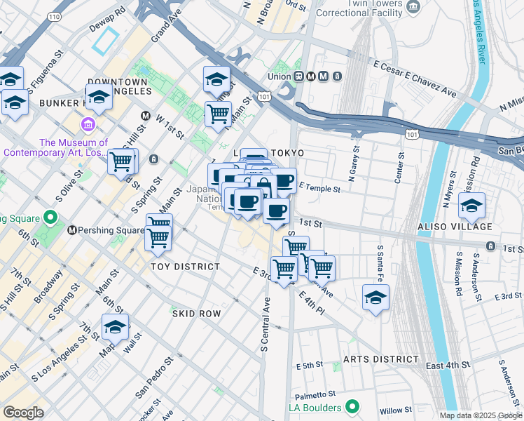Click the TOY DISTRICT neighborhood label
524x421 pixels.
[x=185, y=267]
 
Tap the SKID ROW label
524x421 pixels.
[x=196, y=314]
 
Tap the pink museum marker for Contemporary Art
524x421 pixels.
[x=89, y=126]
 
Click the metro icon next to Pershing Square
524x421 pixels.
[x=71, y=230]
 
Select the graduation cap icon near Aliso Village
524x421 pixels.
[x=472, y=206]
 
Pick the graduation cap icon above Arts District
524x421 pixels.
[x=375, y=297]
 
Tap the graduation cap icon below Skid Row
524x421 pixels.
[x=115, y=327]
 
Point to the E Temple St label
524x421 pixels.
[x=319, y=188]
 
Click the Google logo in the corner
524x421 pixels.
[x=23, y=413]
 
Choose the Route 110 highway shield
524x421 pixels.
[x=55, y=15]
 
